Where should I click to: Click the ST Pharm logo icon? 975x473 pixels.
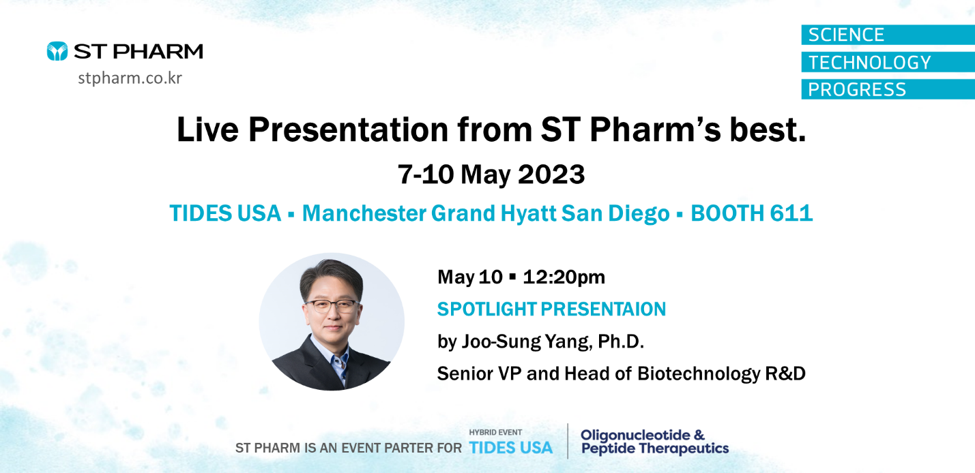pyautogui.click(x=57, y=51)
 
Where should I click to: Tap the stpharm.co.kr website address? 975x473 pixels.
pyautogui.click(x=130, y=78)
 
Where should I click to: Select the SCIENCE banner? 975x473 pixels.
pyautogui.click(x=888, y=35)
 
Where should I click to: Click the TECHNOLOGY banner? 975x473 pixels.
pyautogui.click(x=888, y=62)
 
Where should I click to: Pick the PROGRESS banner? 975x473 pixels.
pyautogui.click(x=888, y=89)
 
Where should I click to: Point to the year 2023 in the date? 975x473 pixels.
pyautogui.click(x=551, y=174)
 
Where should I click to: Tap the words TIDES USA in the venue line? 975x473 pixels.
pyautogui.click(x=225, y=213)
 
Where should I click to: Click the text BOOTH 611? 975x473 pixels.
pyautogui.click(x=752, y=213)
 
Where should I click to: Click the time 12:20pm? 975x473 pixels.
pyautogui.click(x=564, y=277)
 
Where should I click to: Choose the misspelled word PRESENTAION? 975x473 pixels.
pyautogui.click(x=603, y=309)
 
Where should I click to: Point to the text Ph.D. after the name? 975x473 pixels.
pyautogui.click(x=621, y=341)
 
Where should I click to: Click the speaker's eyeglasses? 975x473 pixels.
pyautogui.click(x=332, y=305)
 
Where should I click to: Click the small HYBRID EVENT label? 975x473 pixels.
pyautogui.click(x=495, y=433)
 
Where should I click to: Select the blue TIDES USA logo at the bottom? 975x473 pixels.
pyautogui.click(x=511, y=448)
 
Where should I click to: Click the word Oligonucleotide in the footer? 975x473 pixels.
pyautogui.click(x=635, y=436)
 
